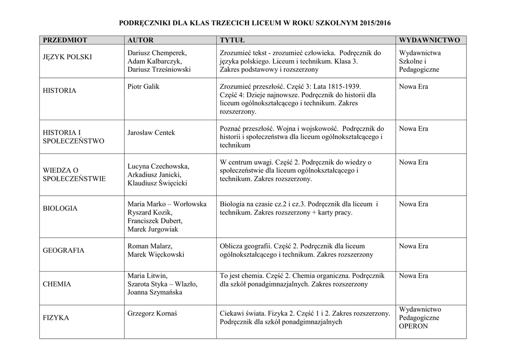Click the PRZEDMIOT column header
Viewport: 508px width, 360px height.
(x=65, y=40)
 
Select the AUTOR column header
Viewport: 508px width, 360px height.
(x=140, y=40)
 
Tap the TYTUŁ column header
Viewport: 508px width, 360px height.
(x=230, y=40)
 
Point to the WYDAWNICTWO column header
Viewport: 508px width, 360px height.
(x=429, y=40)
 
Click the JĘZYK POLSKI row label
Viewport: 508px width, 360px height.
(x=67, y=57)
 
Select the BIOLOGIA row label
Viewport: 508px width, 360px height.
(x=60, y=209)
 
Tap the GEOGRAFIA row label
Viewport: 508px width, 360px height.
(x=63, y=251)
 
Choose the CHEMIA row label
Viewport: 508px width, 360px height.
(x=57, y=285)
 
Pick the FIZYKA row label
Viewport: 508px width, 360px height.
(x=56, y=318)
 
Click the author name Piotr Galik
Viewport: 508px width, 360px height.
(x=143, y=87)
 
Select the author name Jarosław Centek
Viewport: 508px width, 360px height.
(x=151, y=133)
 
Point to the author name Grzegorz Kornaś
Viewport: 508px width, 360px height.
(x=152, y=313)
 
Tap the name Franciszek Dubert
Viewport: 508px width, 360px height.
(x=155, y=221)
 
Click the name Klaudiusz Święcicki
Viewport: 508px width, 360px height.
(x=157, y=183)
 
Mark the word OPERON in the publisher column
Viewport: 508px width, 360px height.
(x=413, y=326)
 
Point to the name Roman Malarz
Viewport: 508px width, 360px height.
(x=150, y=246)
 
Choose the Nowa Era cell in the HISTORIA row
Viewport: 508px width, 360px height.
(x=413, y=87)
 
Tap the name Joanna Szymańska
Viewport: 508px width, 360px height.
(x=155, y=292)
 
